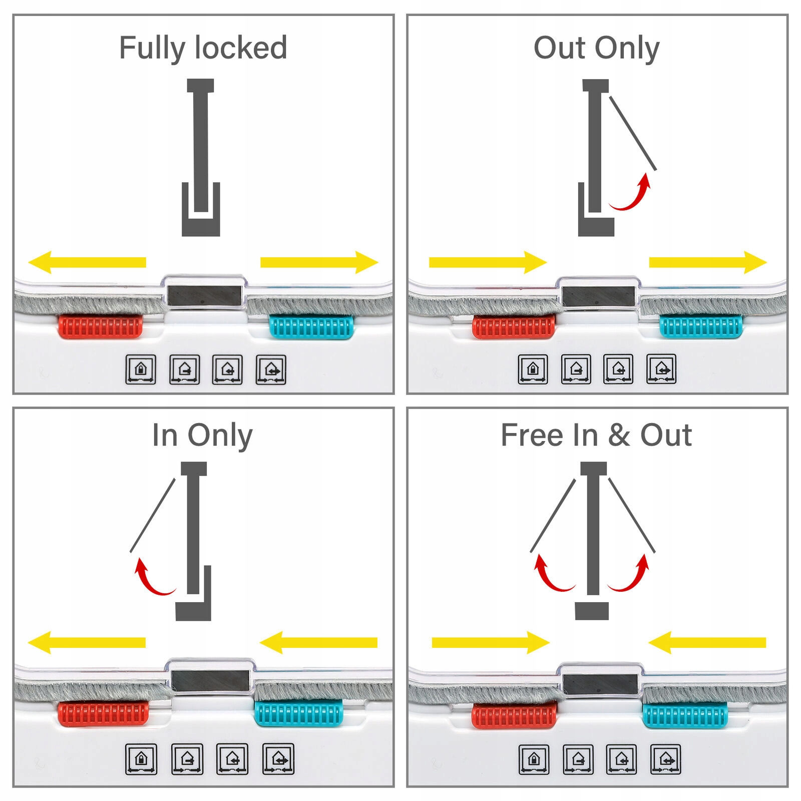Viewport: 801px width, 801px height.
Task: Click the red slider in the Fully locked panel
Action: point(101,326)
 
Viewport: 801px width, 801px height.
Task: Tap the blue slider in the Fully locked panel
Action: point(311,327)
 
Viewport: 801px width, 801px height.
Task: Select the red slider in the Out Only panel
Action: point(514,326)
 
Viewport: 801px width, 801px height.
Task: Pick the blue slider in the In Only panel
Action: point(299,713)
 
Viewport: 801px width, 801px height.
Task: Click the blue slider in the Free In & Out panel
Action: point(685,715)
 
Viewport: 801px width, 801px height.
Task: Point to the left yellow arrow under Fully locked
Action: point(87,262)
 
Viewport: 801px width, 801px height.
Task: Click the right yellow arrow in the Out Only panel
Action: point(708,262)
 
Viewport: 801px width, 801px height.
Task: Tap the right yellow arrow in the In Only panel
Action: point(318,642)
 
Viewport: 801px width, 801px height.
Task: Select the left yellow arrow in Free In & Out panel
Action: point(491,642)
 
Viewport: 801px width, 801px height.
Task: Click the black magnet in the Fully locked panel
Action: point(204,295)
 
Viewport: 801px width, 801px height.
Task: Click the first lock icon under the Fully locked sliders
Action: point(141,369)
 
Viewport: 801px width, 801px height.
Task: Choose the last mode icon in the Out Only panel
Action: point(661,369)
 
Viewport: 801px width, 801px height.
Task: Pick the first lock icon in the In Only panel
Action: point(141,759)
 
